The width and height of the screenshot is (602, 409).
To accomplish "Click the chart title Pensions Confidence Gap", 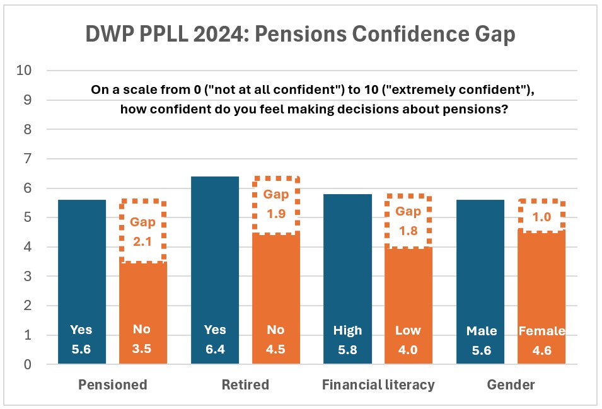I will click(301, 34).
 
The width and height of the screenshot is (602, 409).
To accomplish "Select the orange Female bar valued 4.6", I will click(541, 296).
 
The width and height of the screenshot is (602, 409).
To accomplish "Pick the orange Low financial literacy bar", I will click(408, 302).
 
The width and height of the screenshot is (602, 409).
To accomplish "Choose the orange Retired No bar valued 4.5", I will click(275, 296).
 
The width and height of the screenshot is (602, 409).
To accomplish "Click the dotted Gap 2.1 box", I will click(142, 231).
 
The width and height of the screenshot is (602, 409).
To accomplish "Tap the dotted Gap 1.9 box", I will click(275, 204).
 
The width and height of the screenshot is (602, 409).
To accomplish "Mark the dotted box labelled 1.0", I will click(541, 216).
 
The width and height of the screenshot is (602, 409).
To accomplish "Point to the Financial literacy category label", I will click(378, 384).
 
